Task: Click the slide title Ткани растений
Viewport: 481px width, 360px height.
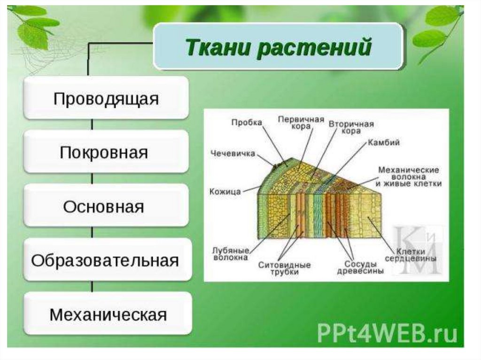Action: tap(279, 48)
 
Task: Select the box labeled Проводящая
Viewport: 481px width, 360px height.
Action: tap(106, 99)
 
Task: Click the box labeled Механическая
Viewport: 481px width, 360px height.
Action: tap(108, 314)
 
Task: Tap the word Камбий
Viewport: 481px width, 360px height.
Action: tap(384, 143)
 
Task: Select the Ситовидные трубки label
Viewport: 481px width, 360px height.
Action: tap(284, 268)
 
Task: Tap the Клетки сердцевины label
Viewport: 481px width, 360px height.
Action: tap(411, 255)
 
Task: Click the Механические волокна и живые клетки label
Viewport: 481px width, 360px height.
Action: tap(409, 176)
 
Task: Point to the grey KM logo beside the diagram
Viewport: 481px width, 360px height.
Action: tap(417, 249)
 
